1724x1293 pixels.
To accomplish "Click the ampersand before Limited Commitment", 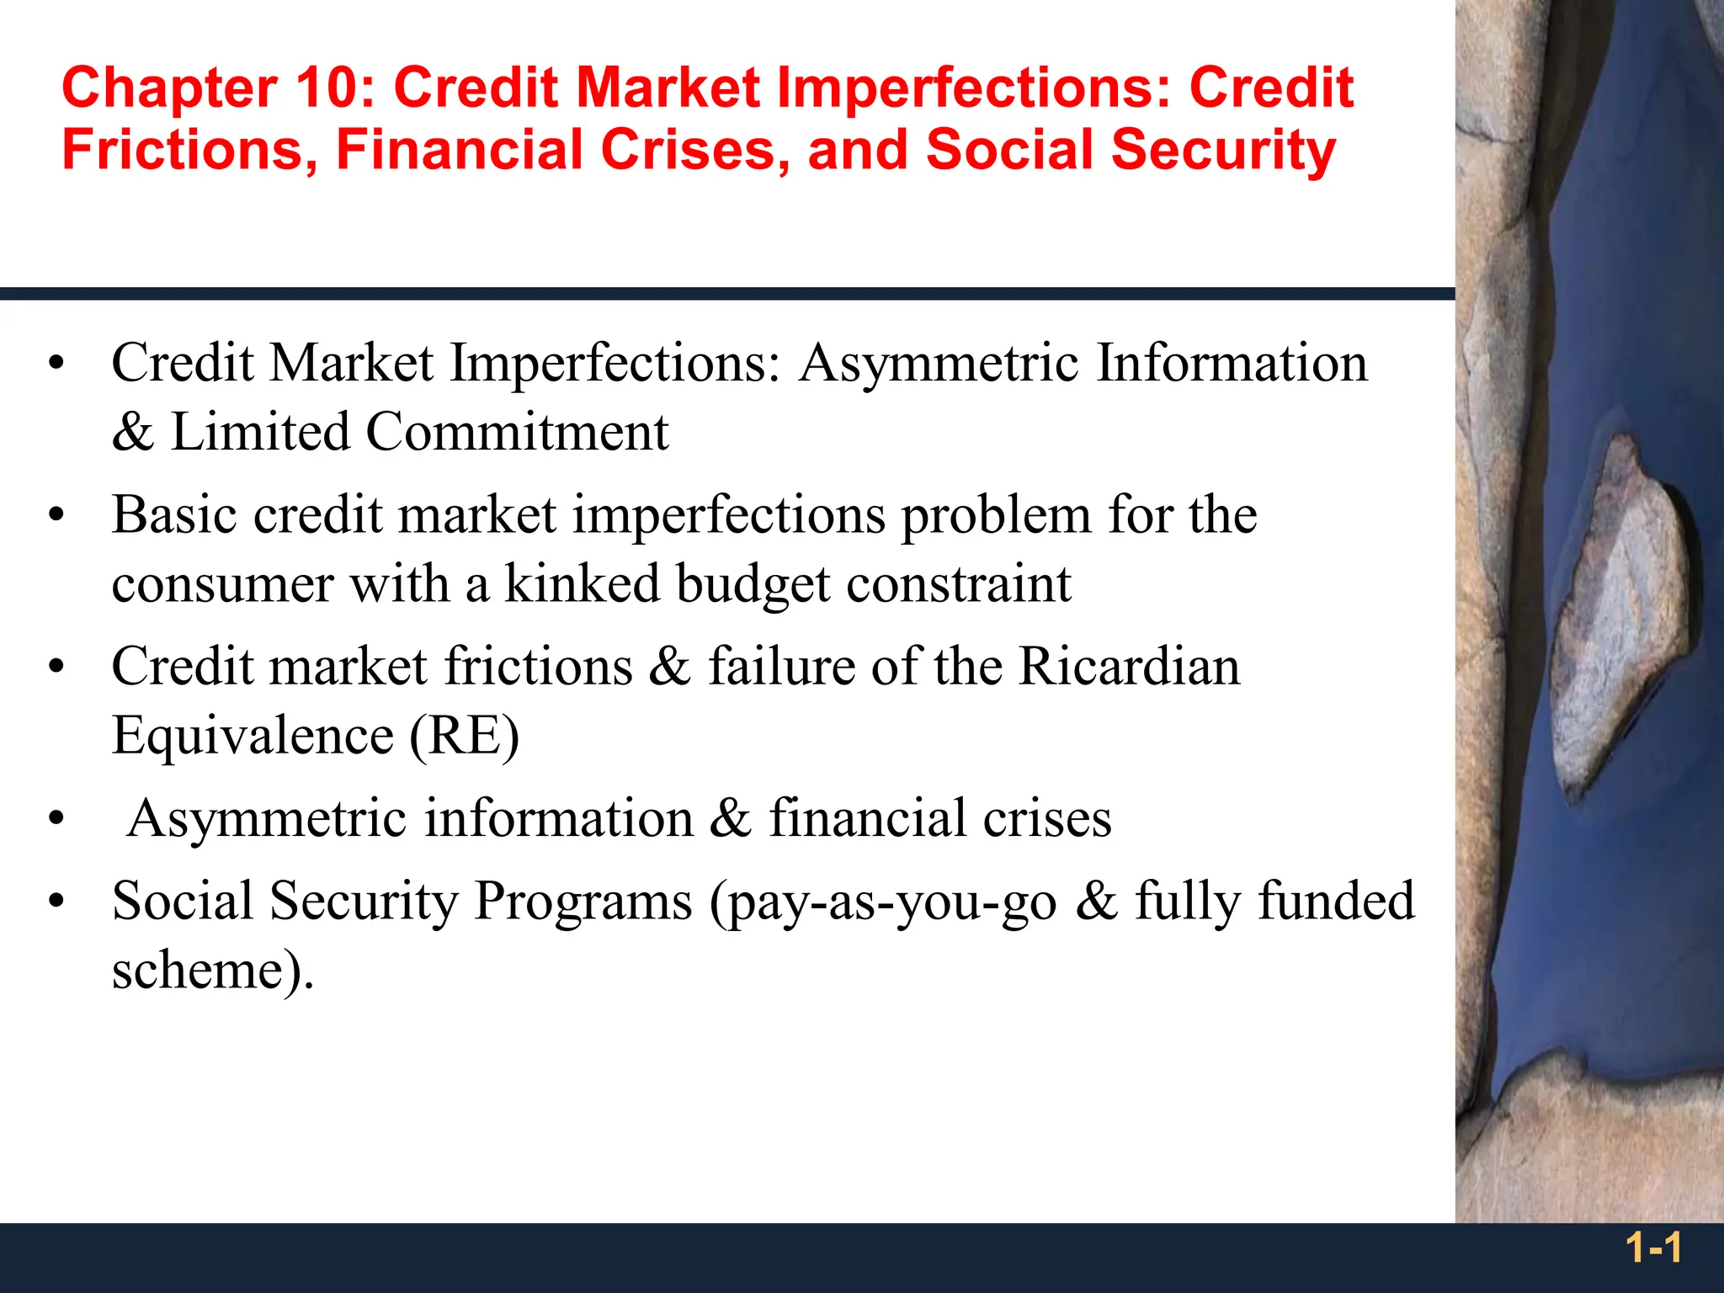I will click(x=133, y=432).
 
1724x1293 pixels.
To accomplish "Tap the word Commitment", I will click(x=517, y=432).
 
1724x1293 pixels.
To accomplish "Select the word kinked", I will click(x=582, y=583).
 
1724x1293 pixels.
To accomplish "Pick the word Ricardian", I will click(x=1129, y=666).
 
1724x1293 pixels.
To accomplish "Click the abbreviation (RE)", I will click(x=464, y=736).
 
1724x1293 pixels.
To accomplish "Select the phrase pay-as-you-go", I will click(x=884, y=902).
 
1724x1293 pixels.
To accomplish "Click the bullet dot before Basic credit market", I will click(x=56, y=515).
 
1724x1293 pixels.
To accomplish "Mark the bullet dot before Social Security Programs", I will click(x=56, y=902).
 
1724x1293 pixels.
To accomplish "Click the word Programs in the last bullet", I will click(x=583, y=902).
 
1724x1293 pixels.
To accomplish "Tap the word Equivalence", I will click(x=253, y=736).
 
